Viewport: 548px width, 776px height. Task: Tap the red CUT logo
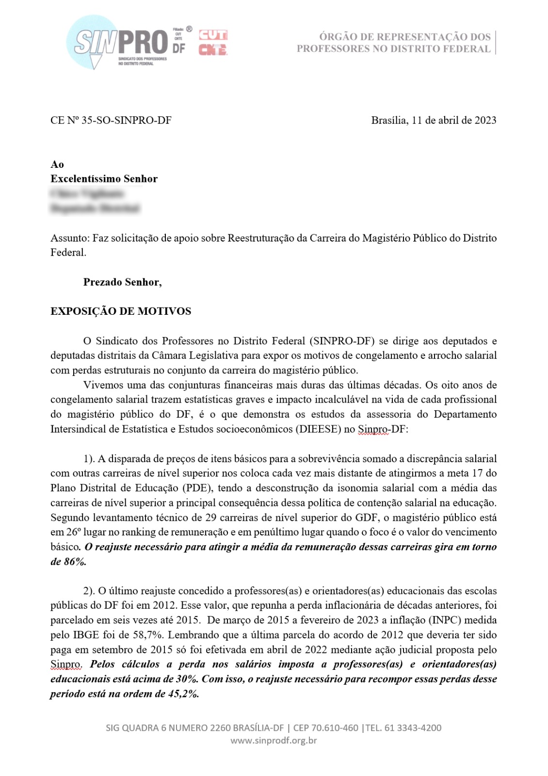(213, 35)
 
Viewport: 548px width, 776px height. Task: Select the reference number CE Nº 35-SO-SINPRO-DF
(111, 120)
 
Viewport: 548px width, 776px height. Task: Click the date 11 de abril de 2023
(454, 120)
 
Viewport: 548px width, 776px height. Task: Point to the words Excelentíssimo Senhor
(104, 178)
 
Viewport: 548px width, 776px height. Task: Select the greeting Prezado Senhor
(122, 282)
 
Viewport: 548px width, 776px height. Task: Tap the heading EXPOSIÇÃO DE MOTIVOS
(121, 311)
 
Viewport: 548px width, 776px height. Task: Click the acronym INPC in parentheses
(443, 620)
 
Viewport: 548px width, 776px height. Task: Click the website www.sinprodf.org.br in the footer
(274, 741)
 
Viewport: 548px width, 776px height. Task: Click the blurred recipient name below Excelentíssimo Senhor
(88, 194)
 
